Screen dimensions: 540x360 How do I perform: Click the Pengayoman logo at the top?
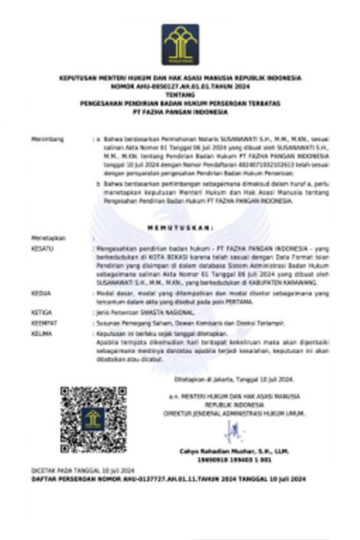coord(180,44)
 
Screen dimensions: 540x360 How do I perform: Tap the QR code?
coord(93,420)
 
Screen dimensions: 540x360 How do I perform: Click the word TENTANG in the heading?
coord(180,95)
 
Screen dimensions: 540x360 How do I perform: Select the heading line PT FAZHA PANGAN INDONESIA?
coord(180,112)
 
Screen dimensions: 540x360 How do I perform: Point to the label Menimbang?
coord(48,138)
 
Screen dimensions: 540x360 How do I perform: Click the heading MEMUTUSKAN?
coord(180,228)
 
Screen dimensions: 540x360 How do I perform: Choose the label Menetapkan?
coord(49,238)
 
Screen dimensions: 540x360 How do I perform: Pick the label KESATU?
coord(43,248)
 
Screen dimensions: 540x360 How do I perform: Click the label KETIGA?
coord(42,312)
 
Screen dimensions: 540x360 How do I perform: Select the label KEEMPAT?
coord(44,323)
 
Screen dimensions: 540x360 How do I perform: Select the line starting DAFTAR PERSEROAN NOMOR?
coord(168,478)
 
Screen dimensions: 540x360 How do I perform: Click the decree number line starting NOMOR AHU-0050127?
coord(180,87)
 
